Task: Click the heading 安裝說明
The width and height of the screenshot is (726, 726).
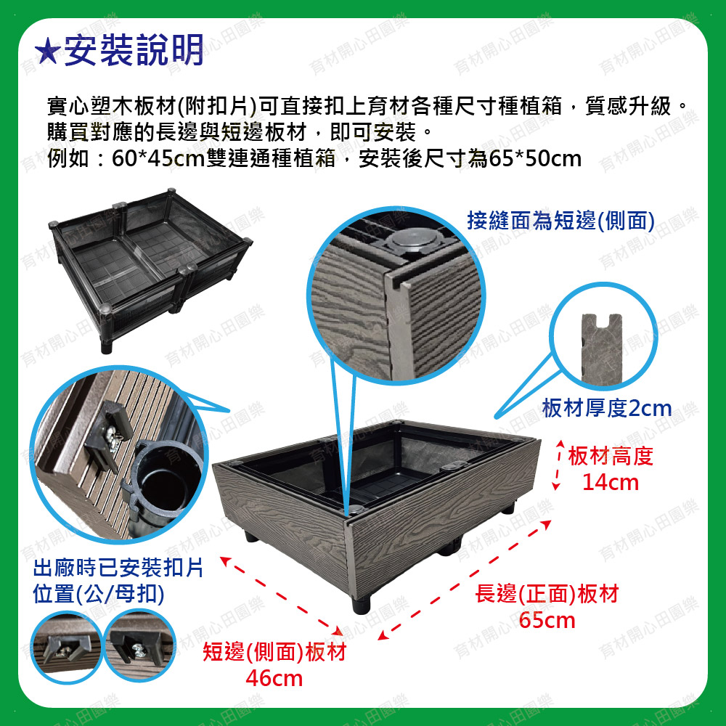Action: (134, 50)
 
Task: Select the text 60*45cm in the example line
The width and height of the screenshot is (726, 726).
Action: (158, 159)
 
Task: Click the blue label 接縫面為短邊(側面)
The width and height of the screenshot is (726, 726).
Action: (560, 221)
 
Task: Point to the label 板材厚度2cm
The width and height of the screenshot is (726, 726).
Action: (606, 408)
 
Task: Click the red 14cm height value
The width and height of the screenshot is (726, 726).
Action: (611, 483)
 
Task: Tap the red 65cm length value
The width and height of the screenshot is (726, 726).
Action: (547, 620)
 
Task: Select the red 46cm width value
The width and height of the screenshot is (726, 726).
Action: (274, 678)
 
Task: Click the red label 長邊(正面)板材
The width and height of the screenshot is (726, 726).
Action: (547, 594)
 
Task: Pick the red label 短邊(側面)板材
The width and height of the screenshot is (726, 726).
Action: (274, 653)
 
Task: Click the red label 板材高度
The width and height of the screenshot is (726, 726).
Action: (611, 456)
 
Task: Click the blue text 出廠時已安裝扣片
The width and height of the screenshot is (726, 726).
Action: (118, 568)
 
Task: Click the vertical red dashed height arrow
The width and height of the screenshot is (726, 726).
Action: (558, 465)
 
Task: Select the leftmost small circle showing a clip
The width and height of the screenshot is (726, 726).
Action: (67, 647)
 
